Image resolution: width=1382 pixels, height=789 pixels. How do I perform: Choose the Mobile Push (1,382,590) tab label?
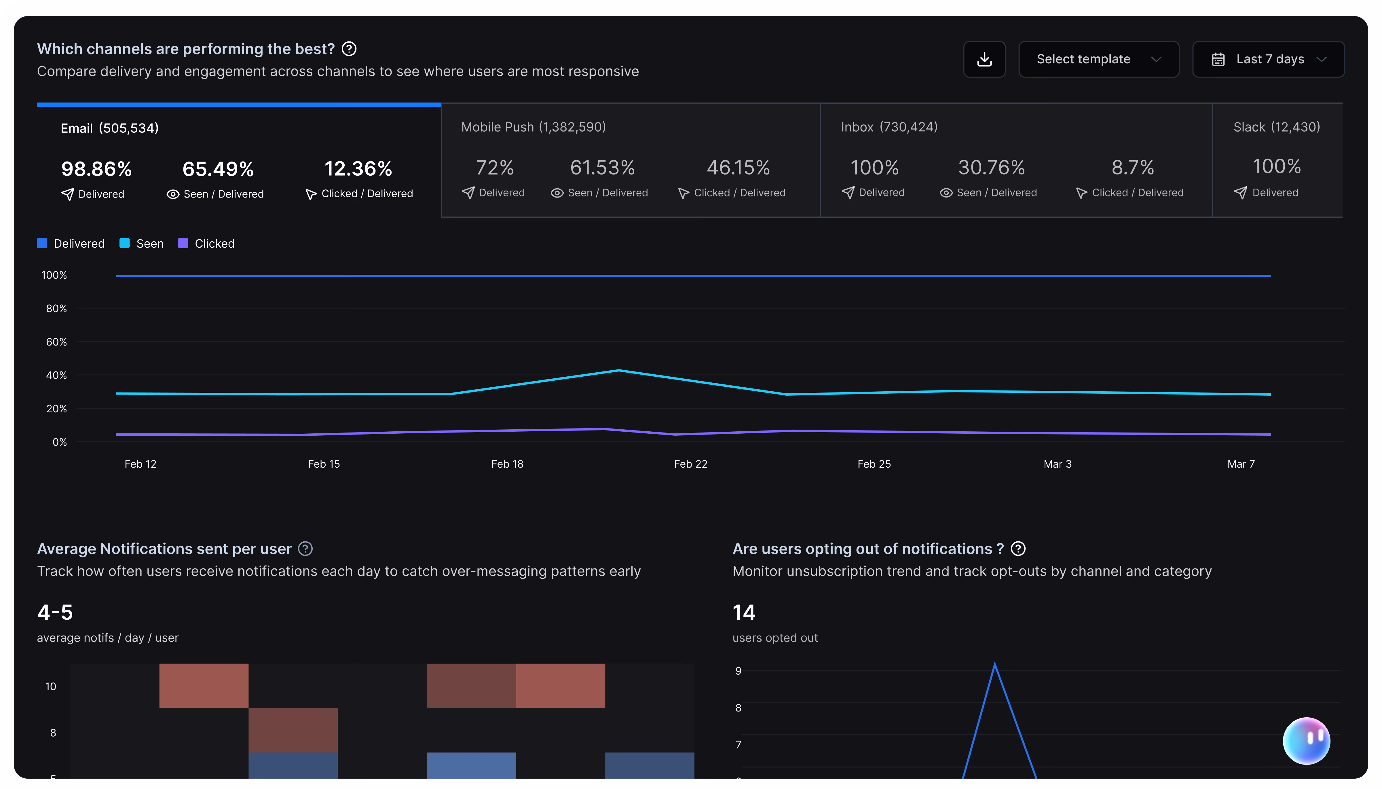click(x=533, y=127)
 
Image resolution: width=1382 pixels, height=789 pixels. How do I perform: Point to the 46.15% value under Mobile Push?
click(x=738, y=167)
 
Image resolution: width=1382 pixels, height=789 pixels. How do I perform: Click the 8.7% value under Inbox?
click(x=1132, y=167)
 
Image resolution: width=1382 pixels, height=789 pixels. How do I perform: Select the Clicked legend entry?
click(x=206, y=243)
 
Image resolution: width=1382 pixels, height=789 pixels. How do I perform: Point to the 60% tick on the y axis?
click(x=56, y=342)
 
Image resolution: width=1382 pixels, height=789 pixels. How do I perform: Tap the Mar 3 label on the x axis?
click(x=1057, y=464)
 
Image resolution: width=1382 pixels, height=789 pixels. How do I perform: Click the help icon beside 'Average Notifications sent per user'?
click(x=305, y=549)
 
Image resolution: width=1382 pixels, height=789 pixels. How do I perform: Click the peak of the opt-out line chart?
click(x=995, y=663)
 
